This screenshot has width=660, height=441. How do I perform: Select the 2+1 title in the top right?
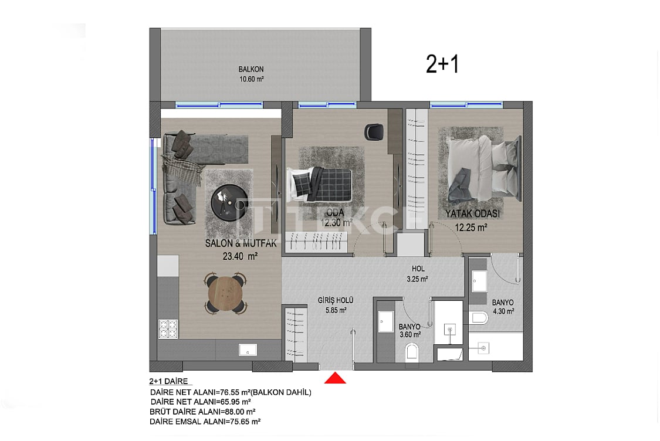coord(442,65)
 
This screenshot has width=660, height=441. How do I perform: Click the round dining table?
coord(225,293)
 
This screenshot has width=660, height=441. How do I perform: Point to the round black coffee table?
coord(228,202)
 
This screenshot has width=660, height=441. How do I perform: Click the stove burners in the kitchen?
coord(168,329)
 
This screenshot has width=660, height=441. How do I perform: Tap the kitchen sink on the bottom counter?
coord(248,350)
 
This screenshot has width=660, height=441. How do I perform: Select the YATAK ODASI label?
coord(472,214)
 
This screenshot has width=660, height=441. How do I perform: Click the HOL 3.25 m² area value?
coord(418,280)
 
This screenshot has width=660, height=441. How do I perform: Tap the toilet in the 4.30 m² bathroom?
coord(478,318)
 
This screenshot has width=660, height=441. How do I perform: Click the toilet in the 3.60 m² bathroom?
coord(412,352)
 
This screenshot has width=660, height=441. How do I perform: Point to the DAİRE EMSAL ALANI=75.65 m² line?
coord(205,421)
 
